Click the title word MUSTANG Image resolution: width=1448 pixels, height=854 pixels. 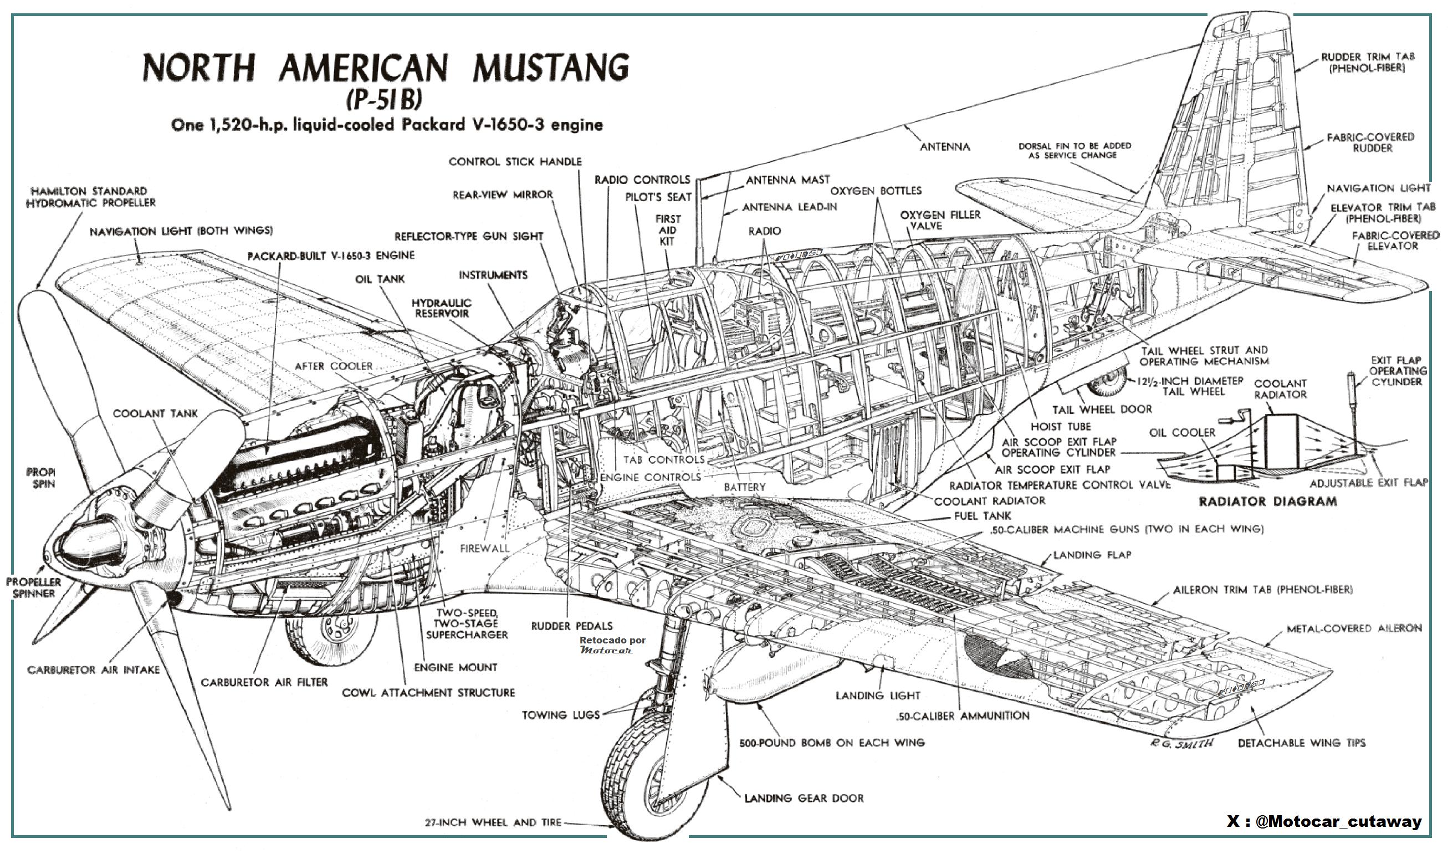551,68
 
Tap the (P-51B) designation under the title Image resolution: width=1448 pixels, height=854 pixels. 383,99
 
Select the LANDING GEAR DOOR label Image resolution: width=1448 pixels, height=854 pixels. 804,798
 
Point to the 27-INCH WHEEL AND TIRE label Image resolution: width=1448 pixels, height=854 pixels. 493,822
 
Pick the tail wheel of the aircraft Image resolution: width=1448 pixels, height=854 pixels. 1107,381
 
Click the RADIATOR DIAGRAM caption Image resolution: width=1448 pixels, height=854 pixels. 1267,501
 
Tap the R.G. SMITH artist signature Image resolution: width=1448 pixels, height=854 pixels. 1181,743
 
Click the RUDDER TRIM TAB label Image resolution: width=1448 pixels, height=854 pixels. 1367,62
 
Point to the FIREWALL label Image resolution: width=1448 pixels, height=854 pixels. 484,549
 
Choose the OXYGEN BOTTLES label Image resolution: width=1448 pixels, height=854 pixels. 876,191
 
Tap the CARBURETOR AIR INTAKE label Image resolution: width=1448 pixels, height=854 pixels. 93,670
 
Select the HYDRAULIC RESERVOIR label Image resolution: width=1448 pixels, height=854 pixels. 442,308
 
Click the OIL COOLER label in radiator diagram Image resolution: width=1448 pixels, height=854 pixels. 1182,433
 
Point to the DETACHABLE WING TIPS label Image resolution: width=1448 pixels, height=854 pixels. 1301,743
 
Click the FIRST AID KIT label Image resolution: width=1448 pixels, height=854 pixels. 667,230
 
